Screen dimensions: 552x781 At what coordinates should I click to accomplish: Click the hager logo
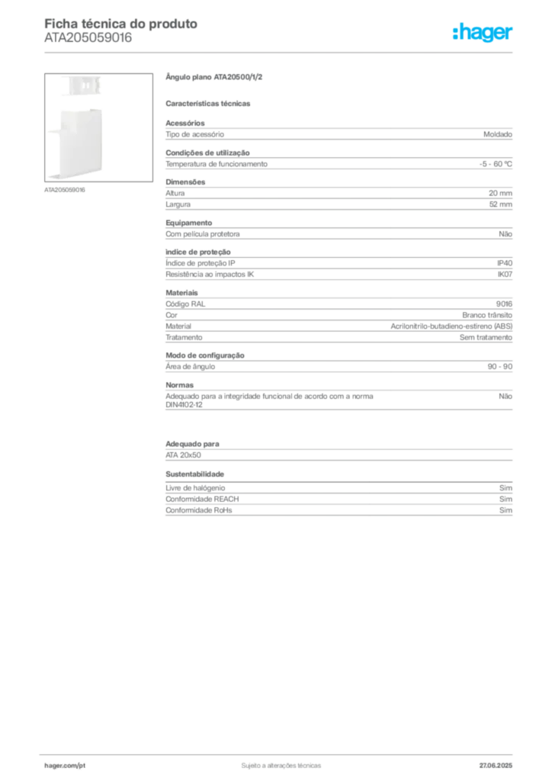click(483, 33)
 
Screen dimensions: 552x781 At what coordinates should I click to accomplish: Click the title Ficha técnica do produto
click(121, 24)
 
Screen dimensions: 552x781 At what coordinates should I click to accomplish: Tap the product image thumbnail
click(98, 127)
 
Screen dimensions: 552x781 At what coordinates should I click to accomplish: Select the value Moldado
click(498, 134)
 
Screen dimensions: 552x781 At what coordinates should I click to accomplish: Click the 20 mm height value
click(500, 193)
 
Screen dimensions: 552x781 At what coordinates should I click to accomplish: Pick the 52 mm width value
click(500, 204)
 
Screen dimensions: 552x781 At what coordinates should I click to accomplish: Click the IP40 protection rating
click(505, 263)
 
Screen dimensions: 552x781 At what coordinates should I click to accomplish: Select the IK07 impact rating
click(505, 275)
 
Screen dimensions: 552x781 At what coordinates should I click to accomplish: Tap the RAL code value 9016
click(504, 304)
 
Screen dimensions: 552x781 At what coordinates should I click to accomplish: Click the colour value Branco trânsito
click(486, 315)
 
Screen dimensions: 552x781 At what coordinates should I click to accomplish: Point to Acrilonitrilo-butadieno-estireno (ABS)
click(451, 326)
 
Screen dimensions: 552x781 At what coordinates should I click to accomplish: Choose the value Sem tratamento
click(486, 338)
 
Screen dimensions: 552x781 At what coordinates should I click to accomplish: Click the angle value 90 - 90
click(499, 367)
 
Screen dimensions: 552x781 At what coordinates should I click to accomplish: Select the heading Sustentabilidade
click(194, 474)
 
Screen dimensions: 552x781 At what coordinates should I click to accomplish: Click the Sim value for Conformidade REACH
click(505, 499)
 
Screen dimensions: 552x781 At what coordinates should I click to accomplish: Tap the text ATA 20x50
click(183, 455)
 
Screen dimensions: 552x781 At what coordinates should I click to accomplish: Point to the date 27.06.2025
click(496, 766)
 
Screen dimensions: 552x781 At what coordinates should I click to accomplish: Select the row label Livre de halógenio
click(195, 488)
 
